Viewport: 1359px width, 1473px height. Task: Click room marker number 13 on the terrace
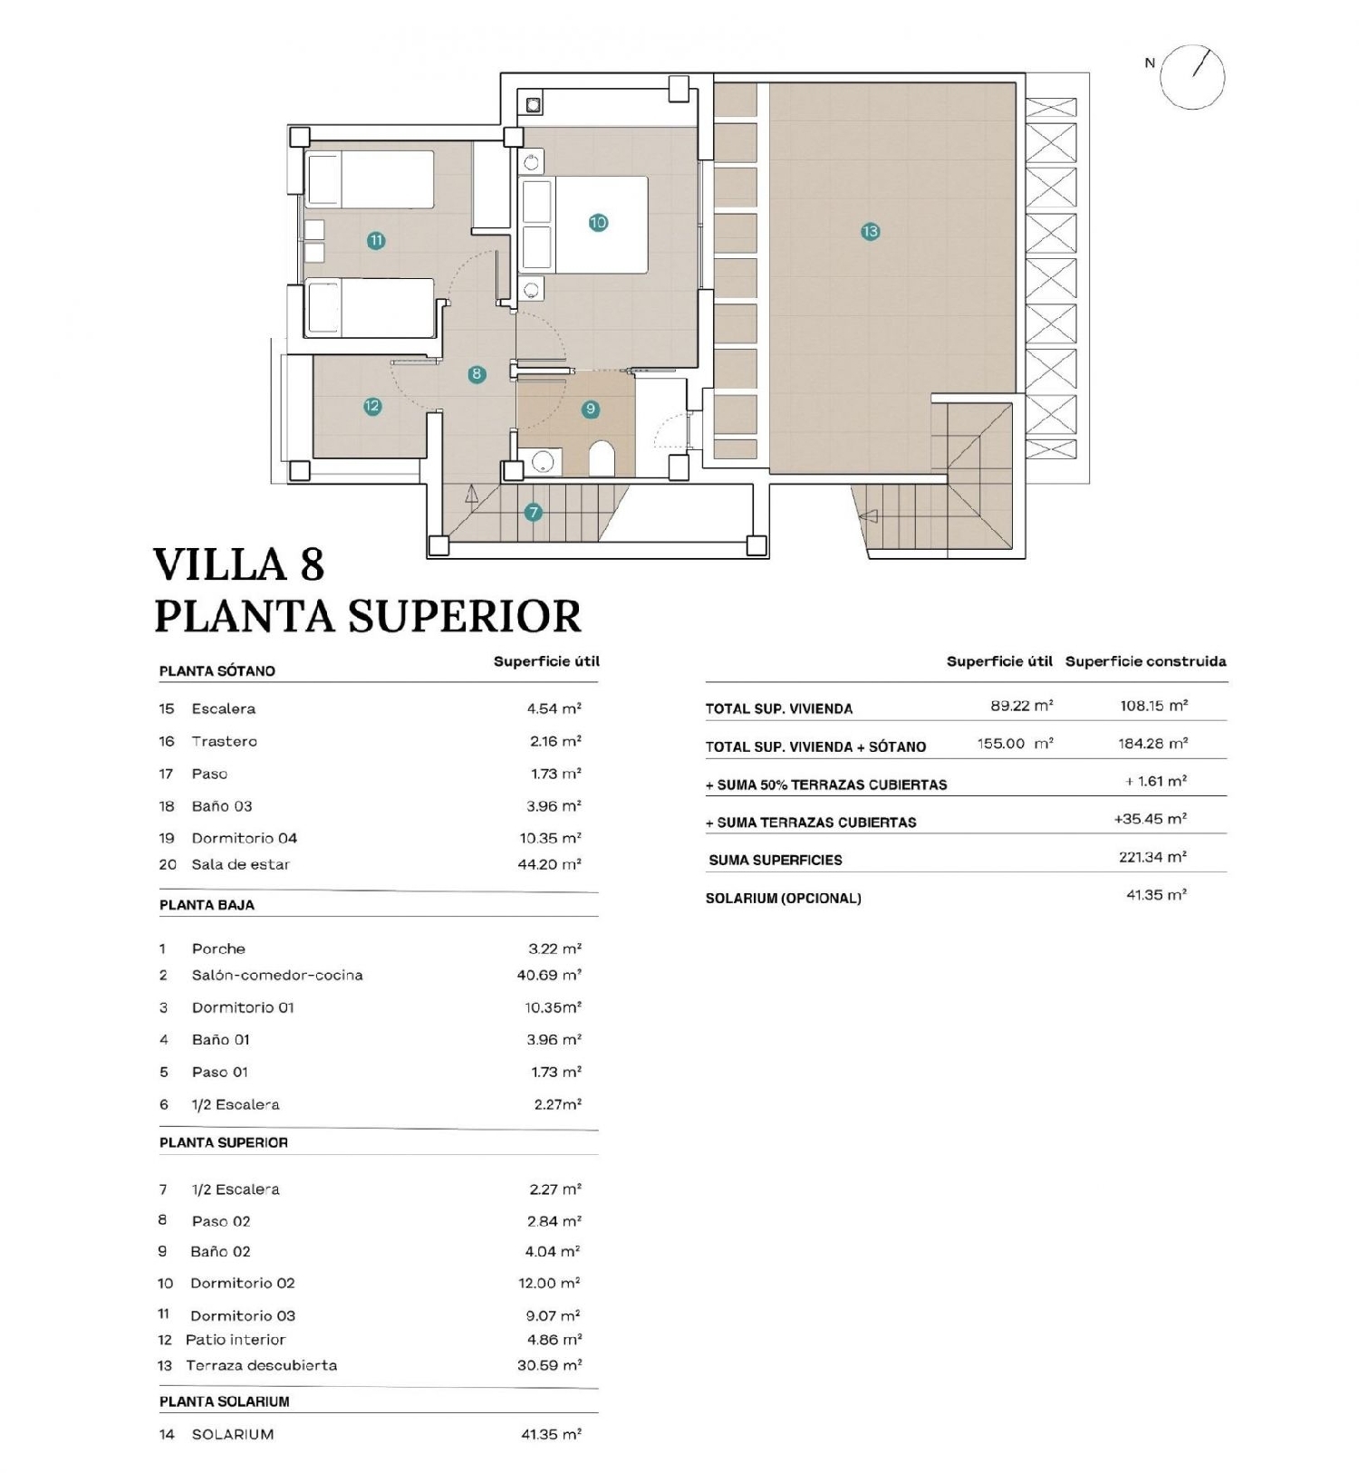[870, 232]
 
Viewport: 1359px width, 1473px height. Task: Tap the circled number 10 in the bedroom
[598, 222]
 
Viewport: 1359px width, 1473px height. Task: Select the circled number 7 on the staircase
[533, 513]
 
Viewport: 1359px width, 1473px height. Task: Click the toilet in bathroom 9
[602, 459]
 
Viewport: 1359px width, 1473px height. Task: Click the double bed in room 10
[600, 225]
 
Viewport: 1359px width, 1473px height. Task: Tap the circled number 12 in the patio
[372, 407]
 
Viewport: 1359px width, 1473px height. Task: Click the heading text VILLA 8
[239, 564]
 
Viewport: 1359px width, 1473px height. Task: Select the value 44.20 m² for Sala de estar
[549, 864]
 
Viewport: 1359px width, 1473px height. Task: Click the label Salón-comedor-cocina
[277, 975]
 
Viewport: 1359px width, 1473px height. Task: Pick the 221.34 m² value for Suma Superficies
[1152, 857]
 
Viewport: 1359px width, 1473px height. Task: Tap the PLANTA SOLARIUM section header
[225, 1401]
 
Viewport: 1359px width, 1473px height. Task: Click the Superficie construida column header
[1145, 661]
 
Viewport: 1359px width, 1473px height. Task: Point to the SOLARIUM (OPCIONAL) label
[783, 899]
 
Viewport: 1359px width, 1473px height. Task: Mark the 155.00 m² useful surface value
[1015, 744]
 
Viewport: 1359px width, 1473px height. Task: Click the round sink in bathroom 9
[542, 462]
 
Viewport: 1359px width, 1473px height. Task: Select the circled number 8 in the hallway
[477, 374]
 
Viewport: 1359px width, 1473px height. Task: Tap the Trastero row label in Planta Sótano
[224, 741]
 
